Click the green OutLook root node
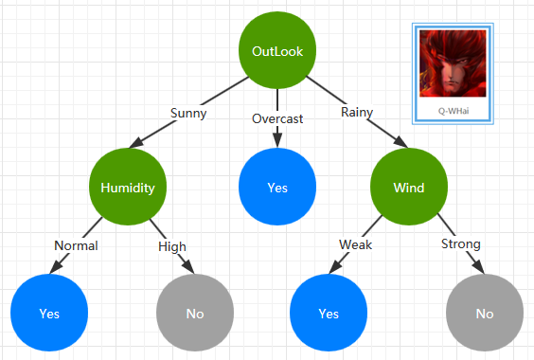tap(277, 50)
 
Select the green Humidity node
tap(128, 187)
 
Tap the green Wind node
tap(409, 187)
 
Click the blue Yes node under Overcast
tap(277, 187)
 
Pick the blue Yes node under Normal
tap(49, 313)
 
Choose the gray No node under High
tap(195, 313)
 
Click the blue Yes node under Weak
tap(329, 313)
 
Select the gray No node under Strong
tap(485, 313)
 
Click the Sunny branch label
tap(188, 113)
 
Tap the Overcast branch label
tap(277, 118)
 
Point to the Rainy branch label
tap(357, 112)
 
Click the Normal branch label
tap(76, 245)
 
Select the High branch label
tap(172, 247)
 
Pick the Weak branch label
tap(355, 244)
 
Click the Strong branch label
tap(461, 244)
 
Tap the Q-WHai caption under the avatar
tap(454, 111)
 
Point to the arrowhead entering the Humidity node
tap(136, 143)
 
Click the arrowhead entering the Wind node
tap(401, 142)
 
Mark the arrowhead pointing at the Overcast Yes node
tap(277, 140)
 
